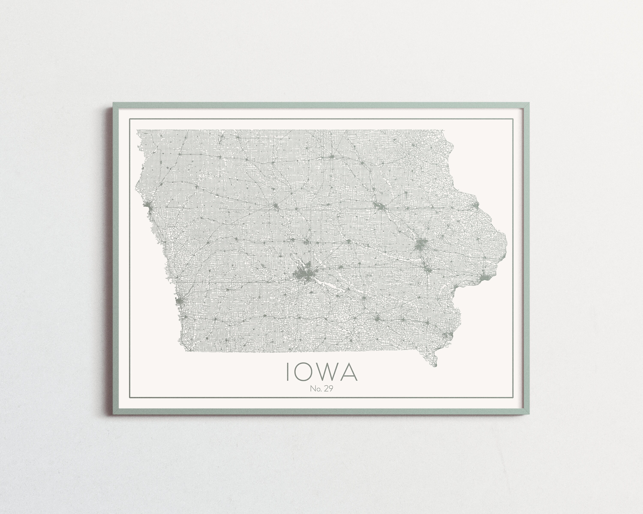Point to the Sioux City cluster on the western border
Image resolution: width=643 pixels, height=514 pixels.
click(x=149, y=205)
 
